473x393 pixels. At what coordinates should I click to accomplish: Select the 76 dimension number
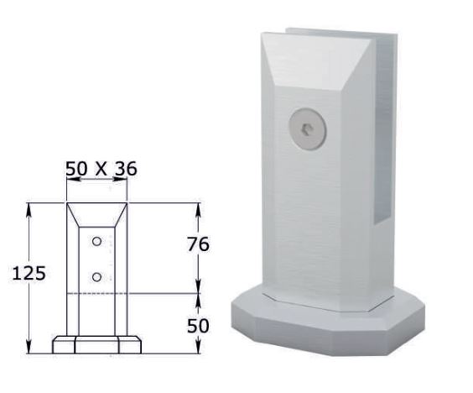coord(198,244)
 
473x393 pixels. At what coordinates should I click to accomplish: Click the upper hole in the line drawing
coord(97,242)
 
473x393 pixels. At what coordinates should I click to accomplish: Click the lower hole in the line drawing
coord(97,275)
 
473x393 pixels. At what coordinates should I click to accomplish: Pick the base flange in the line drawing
coord(97,344)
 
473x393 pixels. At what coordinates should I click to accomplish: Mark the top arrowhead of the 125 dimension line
coord(31,207)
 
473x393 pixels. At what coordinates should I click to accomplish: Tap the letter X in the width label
coord(101,169)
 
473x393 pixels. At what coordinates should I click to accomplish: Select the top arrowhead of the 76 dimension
coord(198,207)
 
